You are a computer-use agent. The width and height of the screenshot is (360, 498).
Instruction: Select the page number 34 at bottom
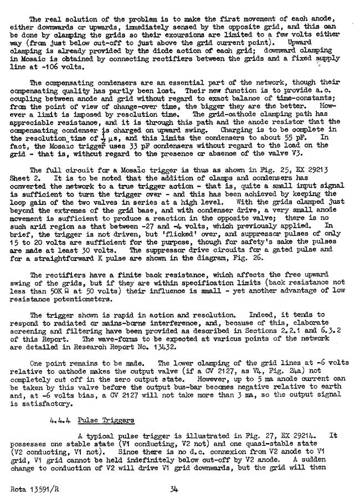click(x=176, y=489)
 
